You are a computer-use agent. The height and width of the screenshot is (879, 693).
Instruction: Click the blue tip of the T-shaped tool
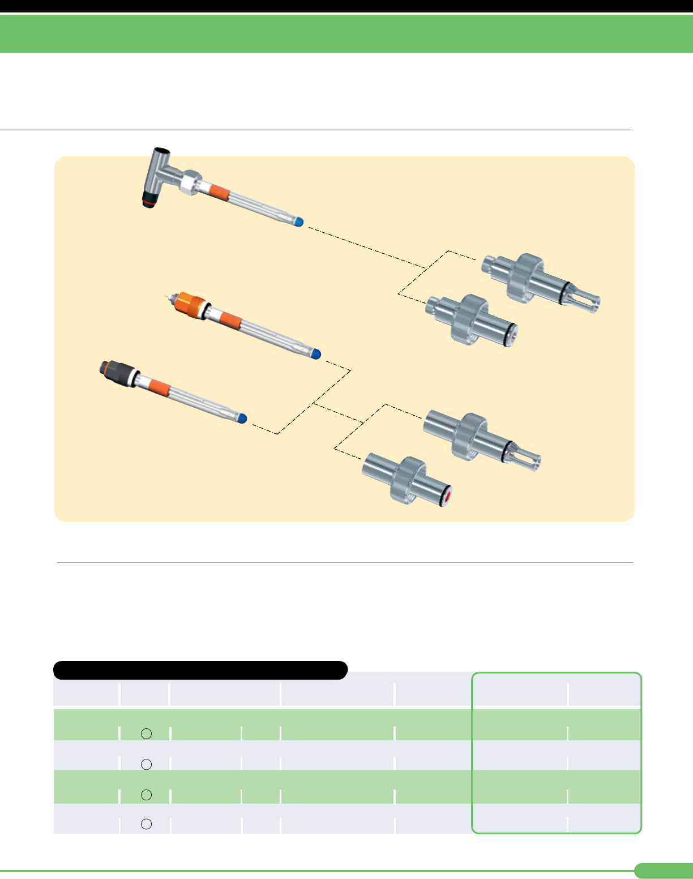[x=299, y=223]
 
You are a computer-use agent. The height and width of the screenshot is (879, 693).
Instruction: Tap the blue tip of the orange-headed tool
[x=316, y=354]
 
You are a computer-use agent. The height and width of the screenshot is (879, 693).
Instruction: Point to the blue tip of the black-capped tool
[x=242, y=419]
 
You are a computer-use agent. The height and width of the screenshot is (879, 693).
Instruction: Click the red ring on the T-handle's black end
[x=149, y=202]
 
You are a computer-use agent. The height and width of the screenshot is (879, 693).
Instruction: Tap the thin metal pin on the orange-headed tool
[x=166, y=296]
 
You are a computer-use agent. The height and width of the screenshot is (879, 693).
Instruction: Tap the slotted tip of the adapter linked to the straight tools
[x=525, y=457]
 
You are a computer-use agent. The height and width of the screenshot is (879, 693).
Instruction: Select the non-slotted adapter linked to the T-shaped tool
[x=472, y=320]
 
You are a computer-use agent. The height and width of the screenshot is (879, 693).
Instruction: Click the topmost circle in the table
[x=146, y=733]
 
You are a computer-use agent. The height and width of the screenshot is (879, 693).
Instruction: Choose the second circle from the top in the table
[x=146, y=764]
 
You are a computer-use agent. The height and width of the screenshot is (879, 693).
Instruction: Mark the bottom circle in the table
[x=146, y=824]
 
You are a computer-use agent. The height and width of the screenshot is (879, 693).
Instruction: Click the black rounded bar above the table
[x=200, y=670]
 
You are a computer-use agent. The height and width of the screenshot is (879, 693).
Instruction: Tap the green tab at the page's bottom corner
[x=663, y=871]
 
